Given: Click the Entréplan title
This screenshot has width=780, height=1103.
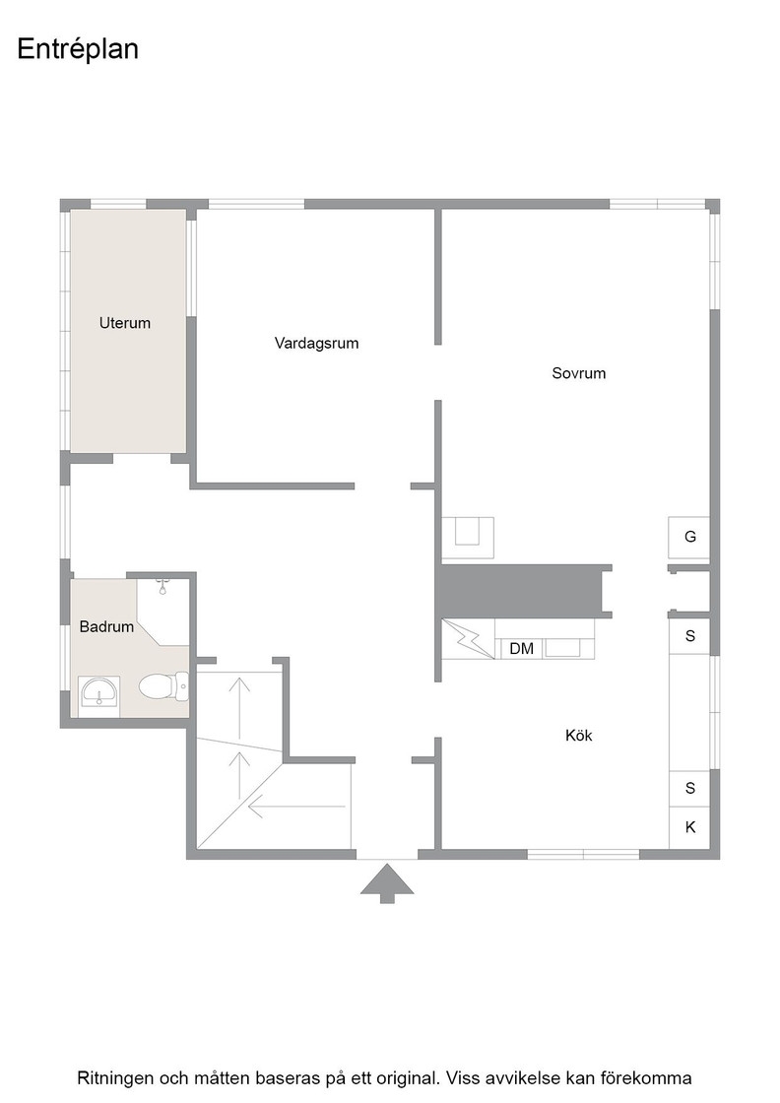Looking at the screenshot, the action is tap(78, 49).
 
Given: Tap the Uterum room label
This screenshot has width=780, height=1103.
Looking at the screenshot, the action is tap(124, 323).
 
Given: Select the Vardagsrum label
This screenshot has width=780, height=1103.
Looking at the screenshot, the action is tap(316, 344).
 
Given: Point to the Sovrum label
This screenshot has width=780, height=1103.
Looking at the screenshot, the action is tap(578, 373).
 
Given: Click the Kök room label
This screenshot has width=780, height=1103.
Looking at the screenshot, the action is tap(578, 735).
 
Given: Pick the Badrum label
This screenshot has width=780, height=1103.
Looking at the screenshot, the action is tap(106, 626).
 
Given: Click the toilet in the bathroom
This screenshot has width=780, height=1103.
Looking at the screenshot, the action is tap(163, 686).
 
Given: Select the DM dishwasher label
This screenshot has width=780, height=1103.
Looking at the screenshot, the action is tap(521, 649).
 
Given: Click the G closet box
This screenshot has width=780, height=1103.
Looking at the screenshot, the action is tap(689, 538).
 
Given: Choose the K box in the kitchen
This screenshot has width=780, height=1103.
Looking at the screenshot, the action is tap(689, 827).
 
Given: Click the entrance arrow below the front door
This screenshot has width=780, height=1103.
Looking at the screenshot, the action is tap(387, 883).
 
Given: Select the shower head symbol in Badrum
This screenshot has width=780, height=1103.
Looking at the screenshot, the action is tap(163, 585).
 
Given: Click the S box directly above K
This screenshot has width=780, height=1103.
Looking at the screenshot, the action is tap(689, 788).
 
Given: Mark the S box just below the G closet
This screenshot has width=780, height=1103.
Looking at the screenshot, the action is tap(689, 636).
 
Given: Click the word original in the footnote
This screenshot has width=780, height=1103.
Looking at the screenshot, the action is tap(404, 1078).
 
